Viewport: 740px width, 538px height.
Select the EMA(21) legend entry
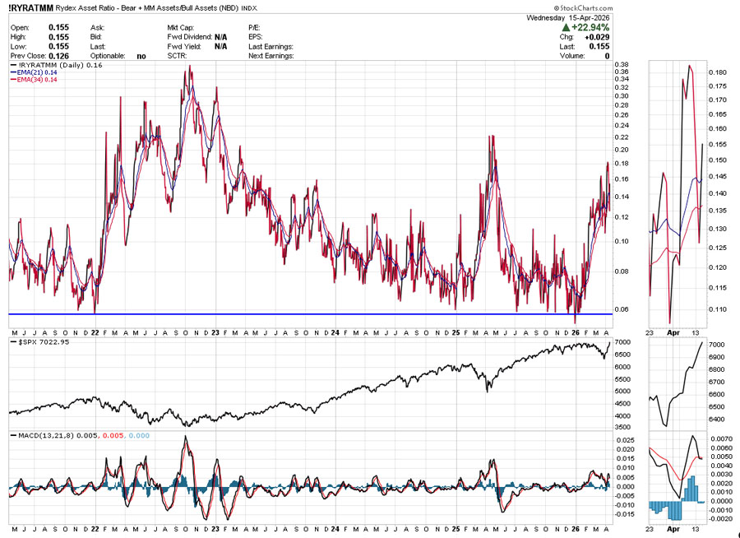[x=34, y=72]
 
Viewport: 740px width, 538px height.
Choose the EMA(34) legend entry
[x=34, y=80]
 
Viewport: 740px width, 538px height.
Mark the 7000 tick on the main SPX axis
[x=622, y=342]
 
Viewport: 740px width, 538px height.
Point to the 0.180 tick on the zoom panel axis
[x=716, y=73]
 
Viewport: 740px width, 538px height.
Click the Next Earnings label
[x=271, y=56]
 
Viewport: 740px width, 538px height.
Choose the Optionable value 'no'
[x=141, y=56]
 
